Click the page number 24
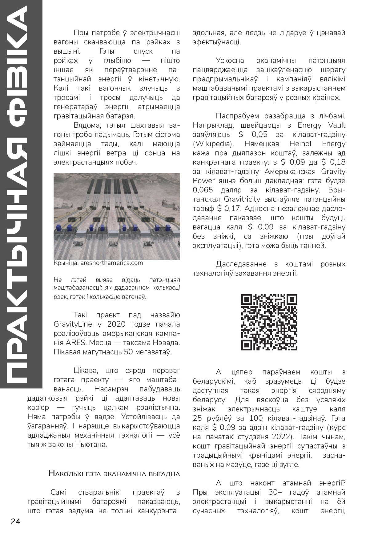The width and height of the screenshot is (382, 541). click(x=15, y=522)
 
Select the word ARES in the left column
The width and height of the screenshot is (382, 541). click(x=73, y=343)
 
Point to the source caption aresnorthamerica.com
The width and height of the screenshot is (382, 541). click(x=112, y=263)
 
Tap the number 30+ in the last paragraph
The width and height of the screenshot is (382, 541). click(x=277, y=492)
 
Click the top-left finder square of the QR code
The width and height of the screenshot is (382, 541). click(x=247, y=300)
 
